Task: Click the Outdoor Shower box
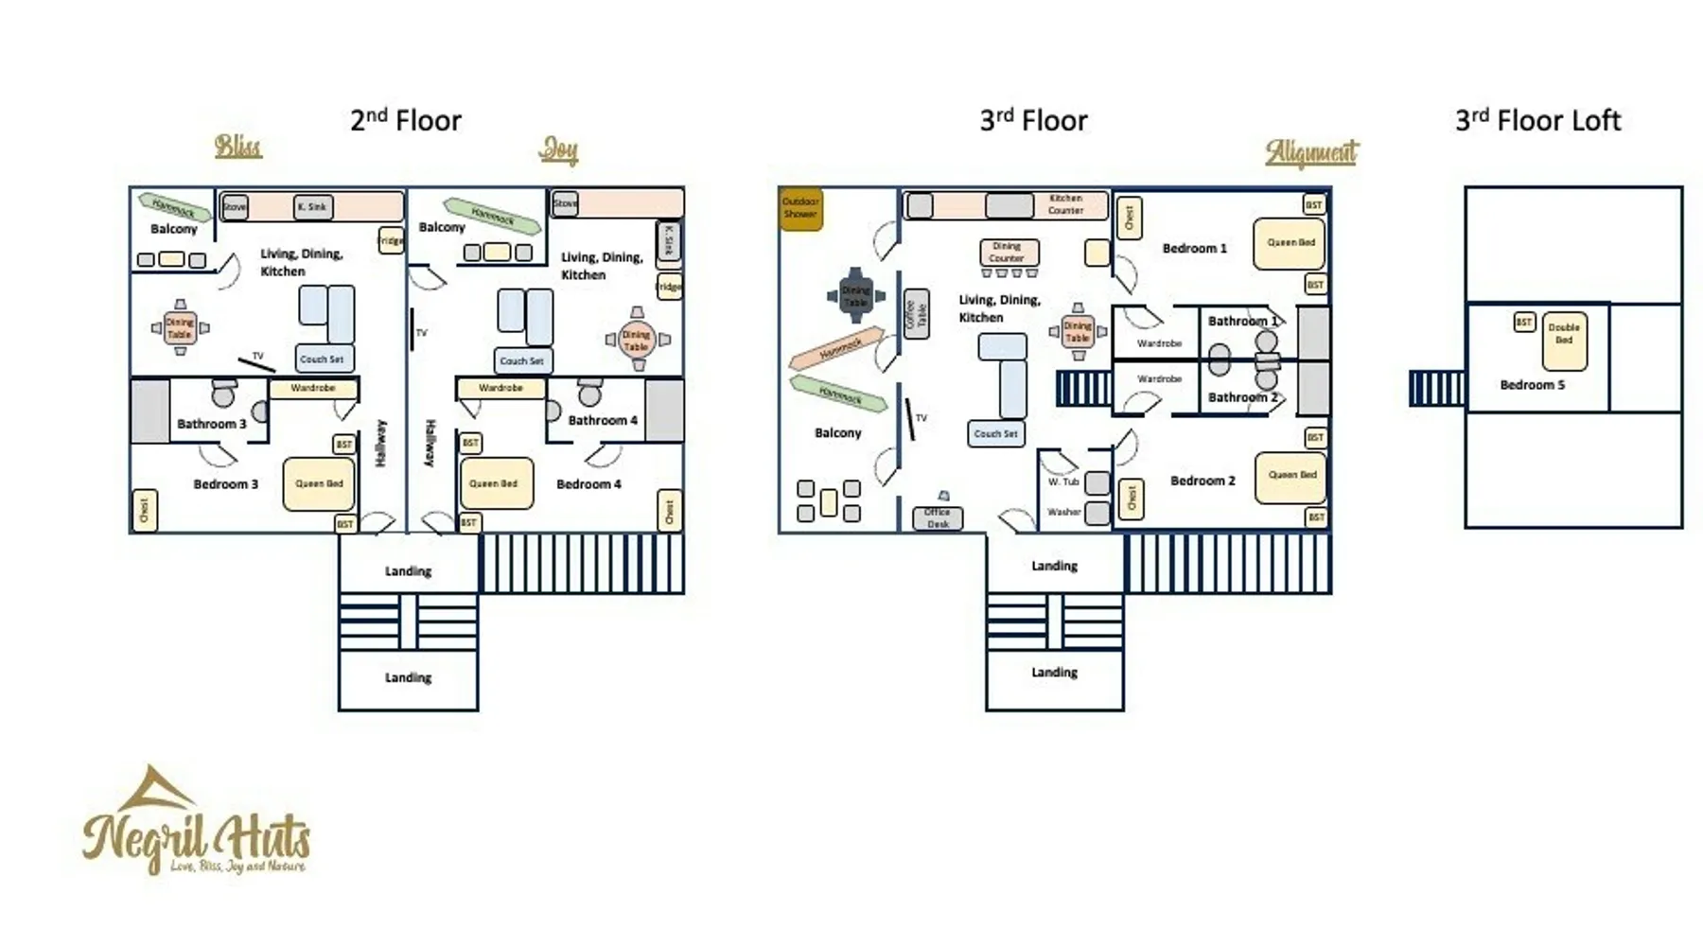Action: (x=800, y=208)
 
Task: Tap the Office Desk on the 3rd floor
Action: (x=938, y=517)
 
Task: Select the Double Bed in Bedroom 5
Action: (x=1564, y=341)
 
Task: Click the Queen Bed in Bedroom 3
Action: (x=319, y=483)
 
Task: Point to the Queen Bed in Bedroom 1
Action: (x=1290, y=243)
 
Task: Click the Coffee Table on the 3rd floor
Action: (x=916, y=314)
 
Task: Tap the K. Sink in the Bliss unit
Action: (x=312, y=206)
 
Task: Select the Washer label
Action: (x=1064, y=512)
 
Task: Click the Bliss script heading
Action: (x=237, y=147)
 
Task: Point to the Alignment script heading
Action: (x=1311, y=152)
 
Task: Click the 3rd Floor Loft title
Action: (x=1537, y=121)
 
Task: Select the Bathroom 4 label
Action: (x=603, y=420)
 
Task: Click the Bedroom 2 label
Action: (x=1203, y=481)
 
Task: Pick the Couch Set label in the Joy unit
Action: (x=521, y=360)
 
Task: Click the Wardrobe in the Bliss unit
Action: (x=313, y=388)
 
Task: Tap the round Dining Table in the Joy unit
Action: (x=637, y=340)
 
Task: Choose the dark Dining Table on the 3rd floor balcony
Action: (x=855, y=296)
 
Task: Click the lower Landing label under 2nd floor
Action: (x=408, y=677)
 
